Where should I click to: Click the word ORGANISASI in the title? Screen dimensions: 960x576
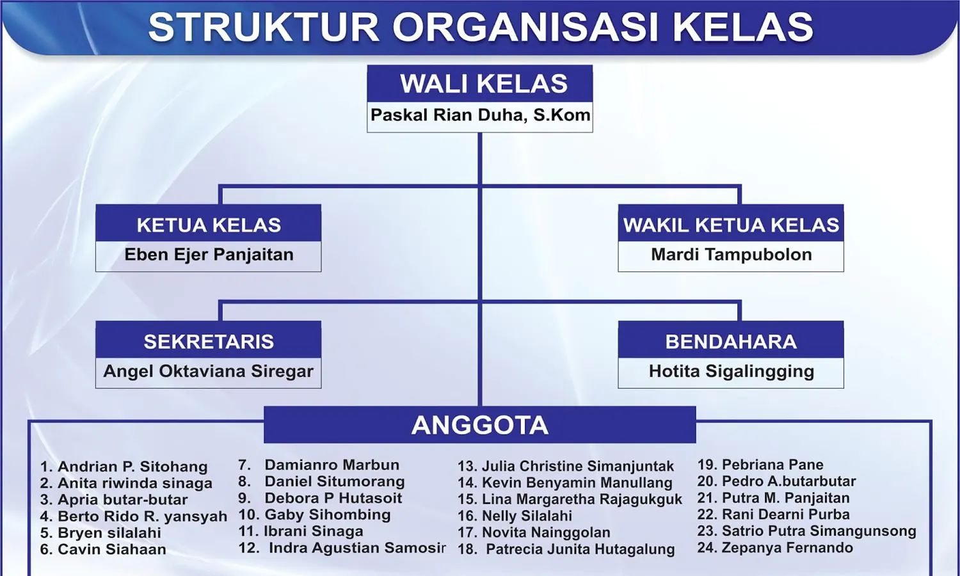[525, 27]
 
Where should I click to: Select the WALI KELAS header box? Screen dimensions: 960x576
[480, 84]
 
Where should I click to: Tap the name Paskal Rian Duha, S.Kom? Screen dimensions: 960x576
[480, 115]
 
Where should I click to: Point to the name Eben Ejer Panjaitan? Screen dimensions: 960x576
[209, 255]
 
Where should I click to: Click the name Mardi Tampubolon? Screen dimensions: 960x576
[731, 255]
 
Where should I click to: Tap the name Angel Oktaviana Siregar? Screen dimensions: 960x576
[208, 371]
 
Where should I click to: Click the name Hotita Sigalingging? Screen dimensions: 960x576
[731, 371]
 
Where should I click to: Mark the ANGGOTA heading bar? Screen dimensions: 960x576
[480, 425]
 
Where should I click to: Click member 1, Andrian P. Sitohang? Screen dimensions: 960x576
[124, 467]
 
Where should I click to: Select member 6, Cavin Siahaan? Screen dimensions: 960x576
[103, 549]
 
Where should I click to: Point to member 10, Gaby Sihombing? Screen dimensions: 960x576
[315, 515]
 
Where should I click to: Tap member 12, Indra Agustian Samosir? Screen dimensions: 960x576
[342, 548]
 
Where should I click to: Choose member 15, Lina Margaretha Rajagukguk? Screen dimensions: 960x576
[570, 499]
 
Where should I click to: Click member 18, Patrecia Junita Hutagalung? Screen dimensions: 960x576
[566, 549]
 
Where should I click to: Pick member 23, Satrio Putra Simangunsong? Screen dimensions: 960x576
[806, 531]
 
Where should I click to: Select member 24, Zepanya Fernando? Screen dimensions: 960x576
[775, 548]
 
